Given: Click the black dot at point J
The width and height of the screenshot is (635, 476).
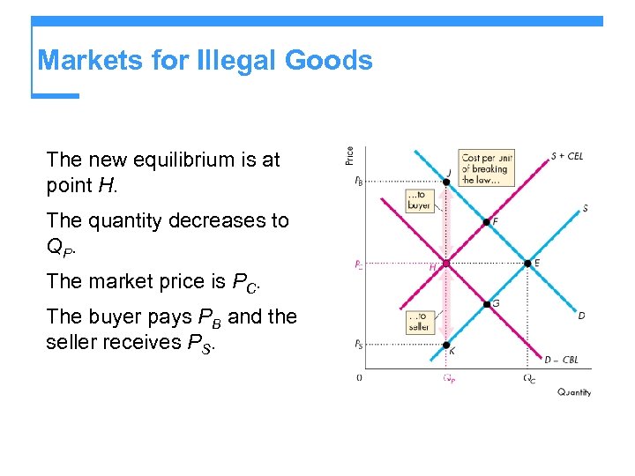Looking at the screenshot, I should [446, 182].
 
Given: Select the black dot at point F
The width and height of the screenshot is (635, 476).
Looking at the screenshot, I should [486, 222].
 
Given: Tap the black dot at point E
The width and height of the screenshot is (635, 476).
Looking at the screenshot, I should [527, 263].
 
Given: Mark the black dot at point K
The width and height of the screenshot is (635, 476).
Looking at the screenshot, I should [446, 345].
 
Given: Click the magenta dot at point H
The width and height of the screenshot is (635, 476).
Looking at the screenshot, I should [446, 263].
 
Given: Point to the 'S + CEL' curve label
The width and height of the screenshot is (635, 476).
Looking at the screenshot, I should [566, 157].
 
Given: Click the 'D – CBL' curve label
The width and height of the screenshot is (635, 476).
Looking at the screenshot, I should [561, 360].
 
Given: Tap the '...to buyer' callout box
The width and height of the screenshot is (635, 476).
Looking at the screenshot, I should [420, 200].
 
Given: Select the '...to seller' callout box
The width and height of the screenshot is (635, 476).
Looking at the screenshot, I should [419, 322].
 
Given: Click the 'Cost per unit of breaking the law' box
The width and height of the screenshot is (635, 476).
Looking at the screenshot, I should [486, 167].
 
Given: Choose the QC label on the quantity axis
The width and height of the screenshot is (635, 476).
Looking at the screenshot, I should [528, 379].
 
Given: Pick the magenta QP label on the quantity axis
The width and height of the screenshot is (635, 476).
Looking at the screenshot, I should [448, 379].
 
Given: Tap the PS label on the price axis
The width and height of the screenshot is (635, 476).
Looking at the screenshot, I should [357, 345].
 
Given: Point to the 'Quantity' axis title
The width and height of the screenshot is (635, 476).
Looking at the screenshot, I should [574, 392].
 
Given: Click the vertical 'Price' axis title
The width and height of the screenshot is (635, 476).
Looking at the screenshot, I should [350, 155].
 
